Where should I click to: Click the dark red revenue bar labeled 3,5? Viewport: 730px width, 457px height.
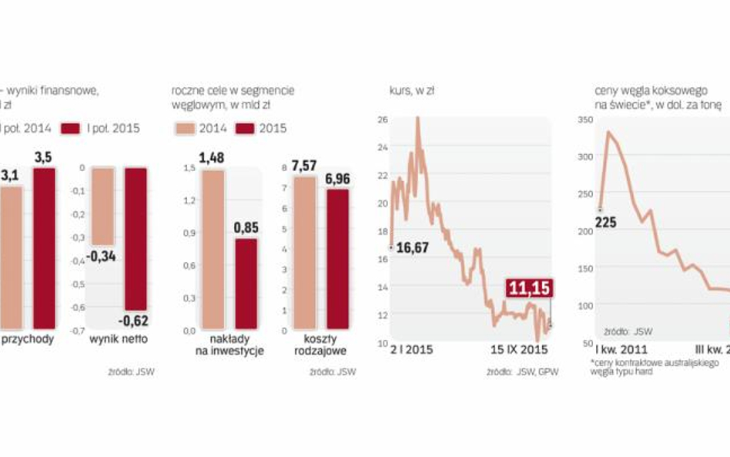44,247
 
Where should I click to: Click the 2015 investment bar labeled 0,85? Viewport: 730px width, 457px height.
246,284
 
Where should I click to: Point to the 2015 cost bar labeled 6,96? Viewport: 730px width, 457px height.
338,259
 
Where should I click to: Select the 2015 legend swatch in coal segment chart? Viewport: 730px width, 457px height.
245,128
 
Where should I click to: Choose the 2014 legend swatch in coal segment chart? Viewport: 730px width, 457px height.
186,128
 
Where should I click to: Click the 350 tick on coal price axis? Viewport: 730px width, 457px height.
584,120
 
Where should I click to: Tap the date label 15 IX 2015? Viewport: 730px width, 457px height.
519,349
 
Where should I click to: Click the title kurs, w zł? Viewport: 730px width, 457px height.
411,90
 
